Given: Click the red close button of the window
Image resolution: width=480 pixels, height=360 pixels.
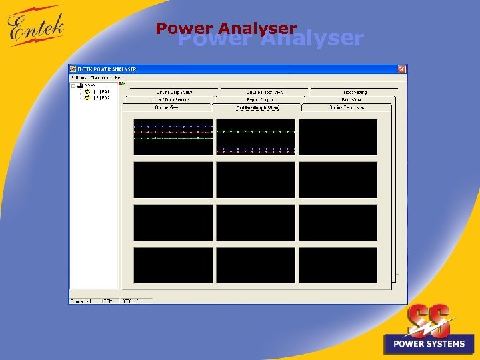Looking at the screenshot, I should coord(401,69).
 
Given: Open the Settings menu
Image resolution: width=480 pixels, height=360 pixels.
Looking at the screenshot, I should coord(79,78).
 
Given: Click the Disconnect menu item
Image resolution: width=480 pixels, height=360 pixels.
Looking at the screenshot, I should coord(101,78).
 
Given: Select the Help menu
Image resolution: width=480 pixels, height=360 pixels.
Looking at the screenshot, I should coord(119,78).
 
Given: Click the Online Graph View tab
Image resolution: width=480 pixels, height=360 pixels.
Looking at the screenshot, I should coord(257,107).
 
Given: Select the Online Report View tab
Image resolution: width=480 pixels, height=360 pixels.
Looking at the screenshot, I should coord(347,107).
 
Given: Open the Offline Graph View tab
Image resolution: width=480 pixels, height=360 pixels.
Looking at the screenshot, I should coord(173,92).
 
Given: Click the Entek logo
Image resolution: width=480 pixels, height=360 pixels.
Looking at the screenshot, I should coord(37,27).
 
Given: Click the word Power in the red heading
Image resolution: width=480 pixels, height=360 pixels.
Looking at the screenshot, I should coord(185,28).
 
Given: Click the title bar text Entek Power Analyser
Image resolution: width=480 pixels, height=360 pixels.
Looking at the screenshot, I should coord(107,69).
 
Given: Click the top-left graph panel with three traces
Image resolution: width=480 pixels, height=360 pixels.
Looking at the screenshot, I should coord(173,136).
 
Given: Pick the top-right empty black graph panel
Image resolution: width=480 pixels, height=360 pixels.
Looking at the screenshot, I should coord(338,136).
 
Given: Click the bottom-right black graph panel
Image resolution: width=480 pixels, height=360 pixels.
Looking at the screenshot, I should coord(338,265).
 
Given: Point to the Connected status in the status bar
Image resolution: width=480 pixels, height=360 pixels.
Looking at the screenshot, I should coord(83,301).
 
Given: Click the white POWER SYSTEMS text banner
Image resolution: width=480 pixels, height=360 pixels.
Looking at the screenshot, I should coord(429,344).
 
